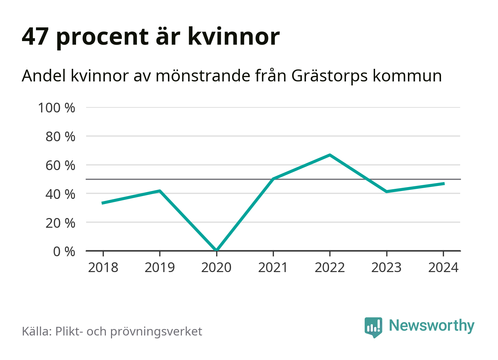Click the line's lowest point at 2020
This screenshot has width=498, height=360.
(x=217, y=250)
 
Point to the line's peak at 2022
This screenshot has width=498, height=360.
(x=330, y=155)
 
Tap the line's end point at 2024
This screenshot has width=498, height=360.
(x=443, y=183)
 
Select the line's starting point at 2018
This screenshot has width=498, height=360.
(x=103, y=203)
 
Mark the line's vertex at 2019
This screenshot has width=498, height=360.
(x=160, y=191)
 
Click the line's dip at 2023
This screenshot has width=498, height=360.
(x=386, y=191)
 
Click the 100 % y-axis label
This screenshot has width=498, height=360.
(x=57, y=108)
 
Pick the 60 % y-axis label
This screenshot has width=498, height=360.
(x=60, y=165)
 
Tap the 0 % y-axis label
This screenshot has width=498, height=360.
(x=64, y=251)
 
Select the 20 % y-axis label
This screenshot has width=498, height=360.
(x=60, y=223)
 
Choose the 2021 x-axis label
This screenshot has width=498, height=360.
(x=273, y=268)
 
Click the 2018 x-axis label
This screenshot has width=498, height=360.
(x=103, y=268)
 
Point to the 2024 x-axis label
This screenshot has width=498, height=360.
(x=443, y=268)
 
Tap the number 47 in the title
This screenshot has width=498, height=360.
(x=35, y=36)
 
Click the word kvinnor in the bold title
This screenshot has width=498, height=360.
(x=234, y=36)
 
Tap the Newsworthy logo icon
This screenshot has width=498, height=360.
(x=373, y=327)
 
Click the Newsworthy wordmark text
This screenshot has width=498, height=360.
(x=431, y=326)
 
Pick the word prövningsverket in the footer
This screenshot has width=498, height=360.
(x=156, y=332)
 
